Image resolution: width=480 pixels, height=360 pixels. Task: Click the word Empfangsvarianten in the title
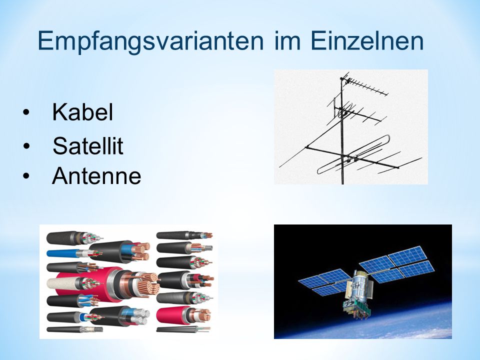click(150, 41)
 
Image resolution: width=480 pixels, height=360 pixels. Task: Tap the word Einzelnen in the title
click(367, 40)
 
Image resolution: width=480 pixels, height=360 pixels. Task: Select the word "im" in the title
click(287, 40)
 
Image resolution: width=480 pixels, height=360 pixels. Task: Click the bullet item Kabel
click(82, 111)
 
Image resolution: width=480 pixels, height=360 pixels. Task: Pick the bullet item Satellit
click(88, 145)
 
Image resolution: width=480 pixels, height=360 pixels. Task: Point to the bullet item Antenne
click(96, 175)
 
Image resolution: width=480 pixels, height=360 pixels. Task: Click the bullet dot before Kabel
click(26, 112)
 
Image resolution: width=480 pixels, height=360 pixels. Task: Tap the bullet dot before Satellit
click(26, 146)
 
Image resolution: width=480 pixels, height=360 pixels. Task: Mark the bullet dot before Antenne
click(26, 176)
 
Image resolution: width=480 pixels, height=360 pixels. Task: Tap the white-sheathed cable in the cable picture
click(66, 283)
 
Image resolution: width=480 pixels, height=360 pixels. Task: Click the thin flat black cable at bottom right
click(183, 329)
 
